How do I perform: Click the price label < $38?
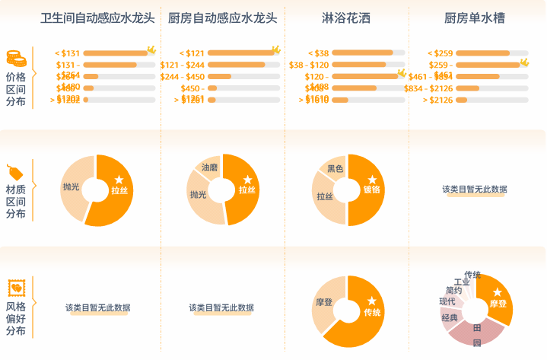[x=321, y=53]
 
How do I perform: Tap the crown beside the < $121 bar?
[x=275, y=50]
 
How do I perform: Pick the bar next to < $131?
[x=115, y=53]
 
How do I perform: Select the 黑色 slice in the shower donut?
[x=335, y=168]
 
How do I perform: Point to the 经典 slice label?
[x=450, y=317]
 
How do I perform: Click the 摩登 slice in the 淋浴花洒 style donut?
[x=324, y=303]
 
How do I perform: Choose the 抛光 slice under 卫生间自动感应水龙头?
[x=72, y=186]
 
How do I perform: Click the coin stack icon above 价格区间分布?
[x=16, y=58]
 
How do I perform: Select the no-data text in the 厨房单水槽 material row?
[x=475, y=190]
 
